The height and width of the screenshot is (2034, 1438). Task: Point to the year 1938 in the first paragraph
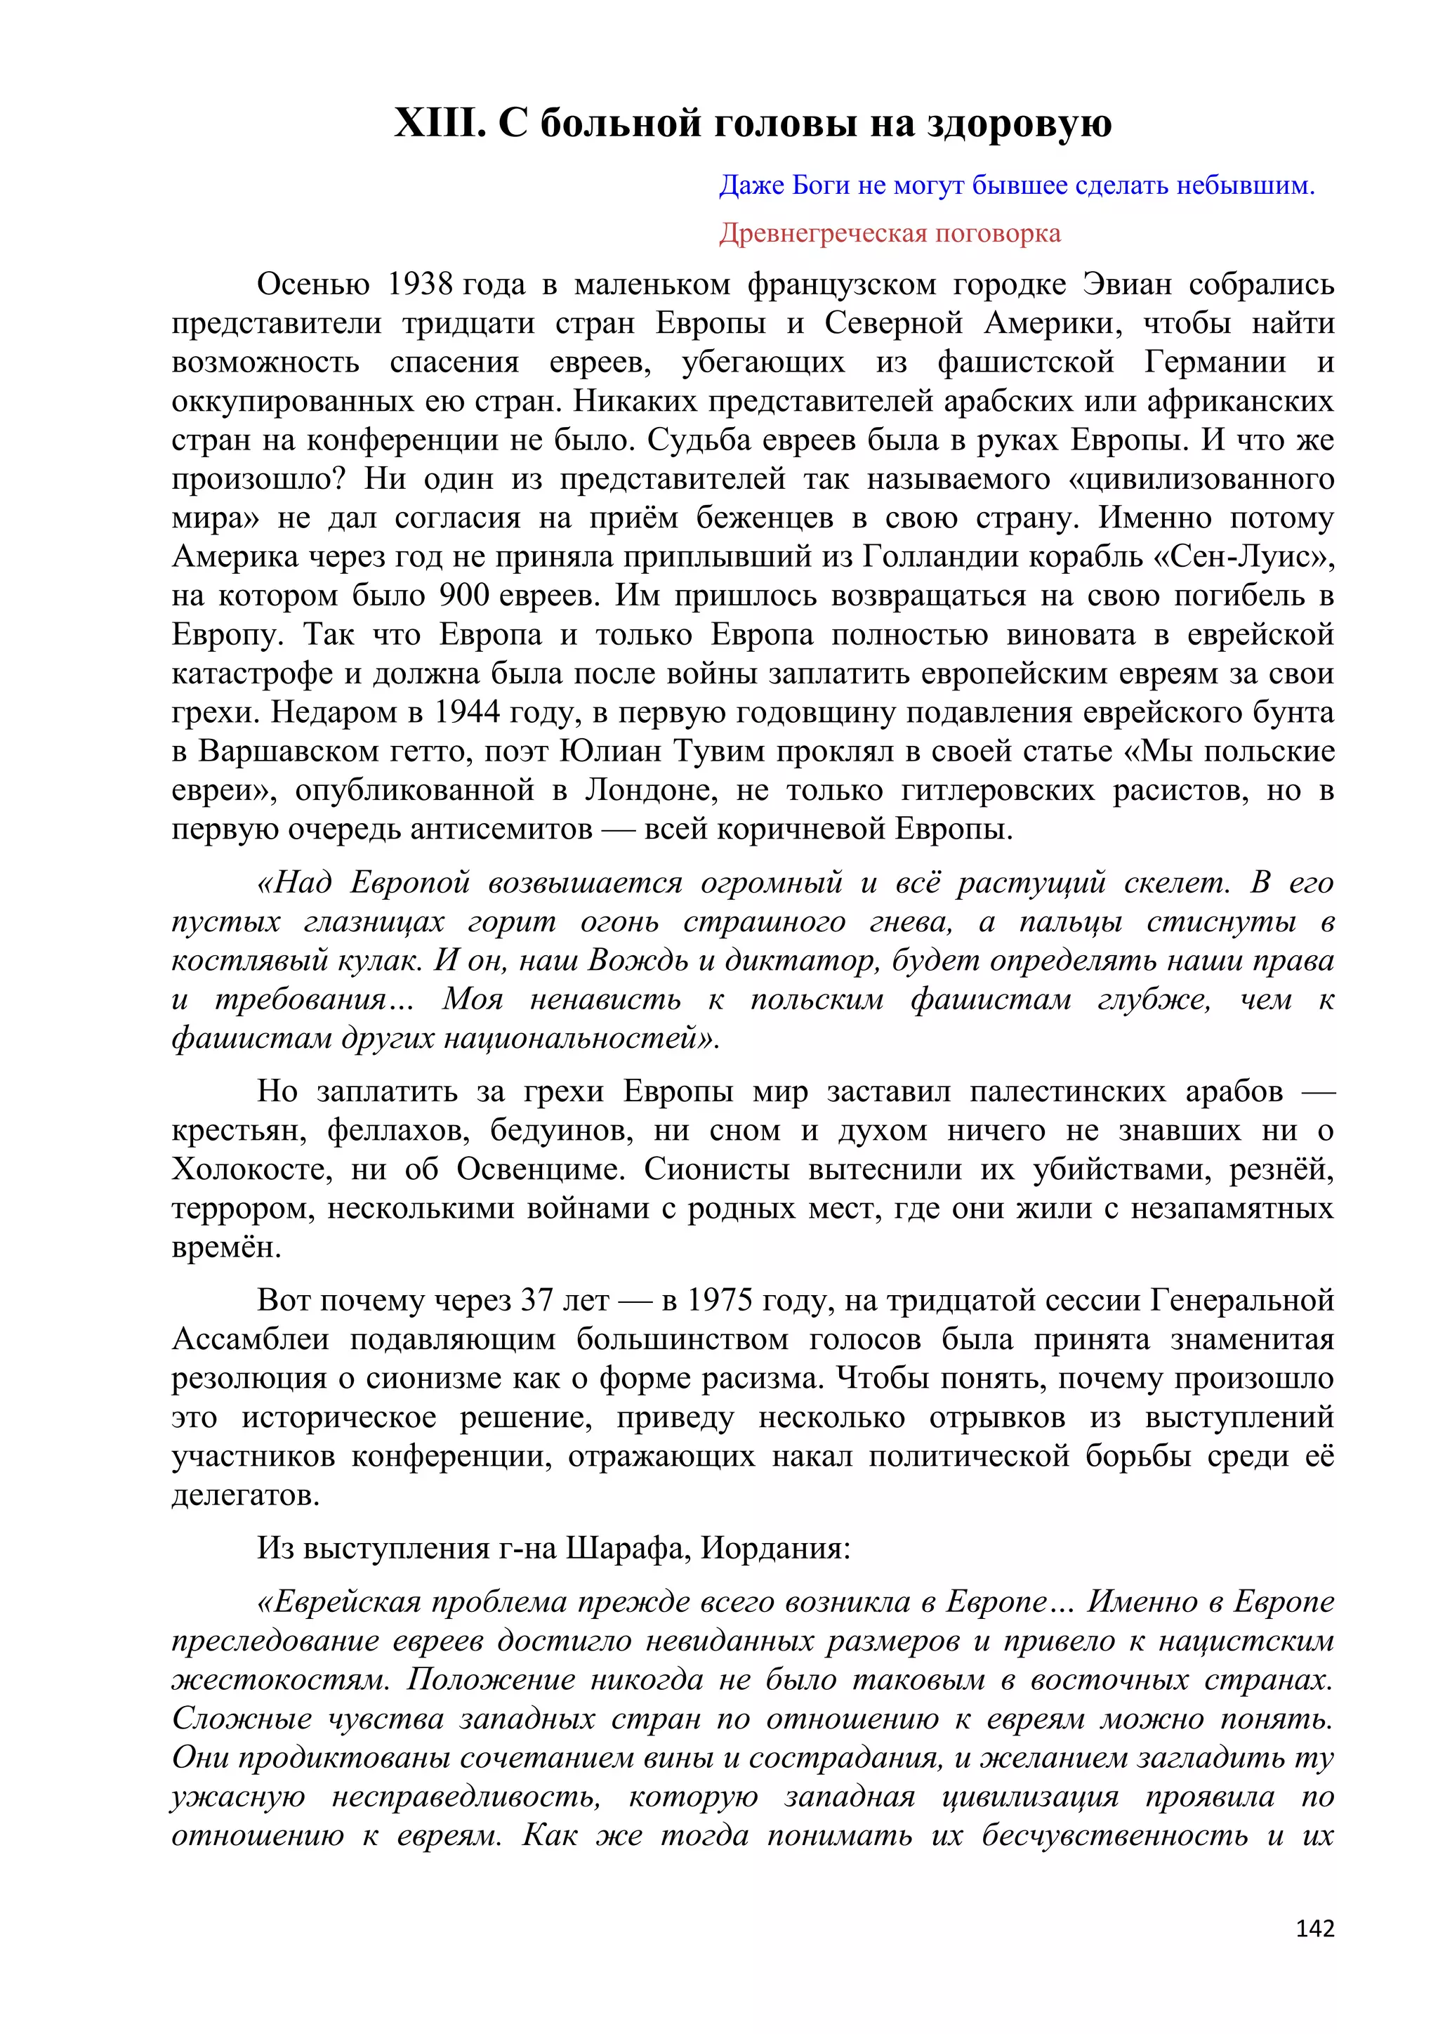click(x=421, y=284)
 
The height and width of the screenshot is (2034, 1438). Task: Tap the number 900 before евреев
click(x=464, y=596)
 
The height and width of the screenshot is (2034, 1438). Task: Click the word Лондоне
click(x=649, y=790)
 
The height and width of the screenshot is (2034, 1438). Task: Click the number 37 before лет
click(x=536, y=1301)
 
